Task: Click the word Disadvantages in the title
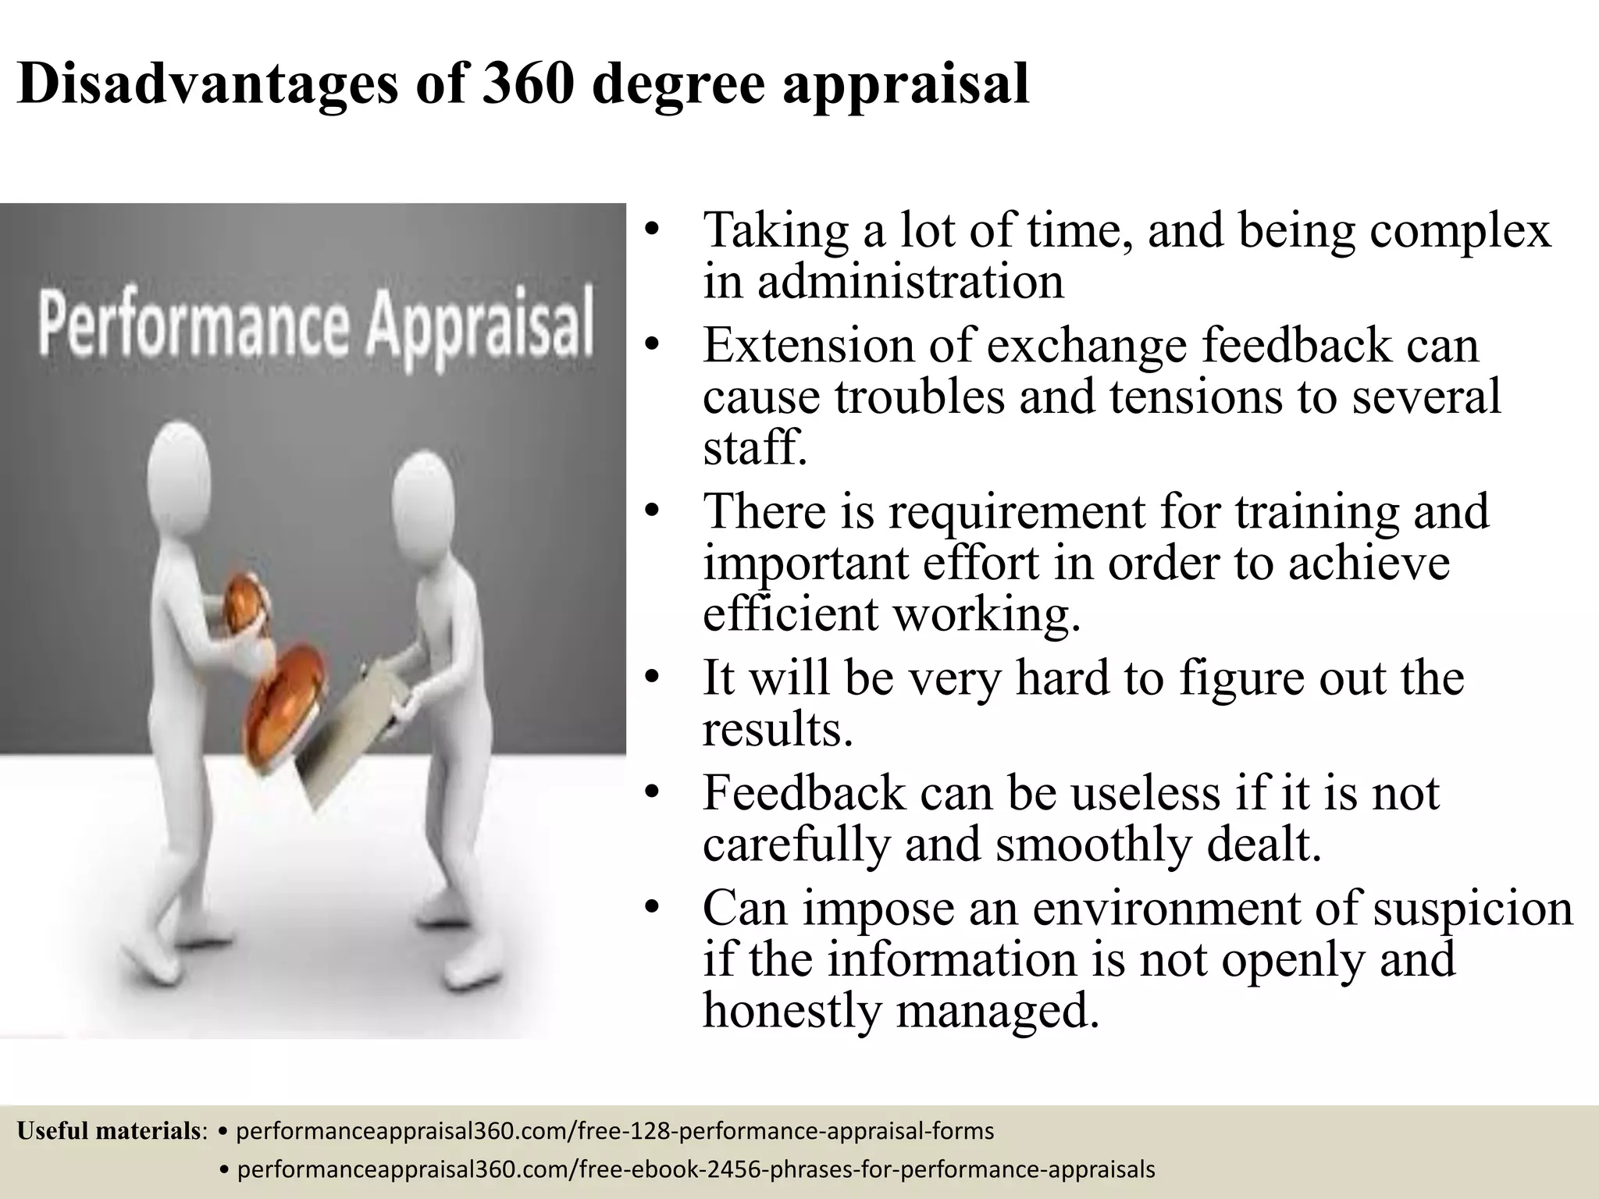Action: [x=207, y=84]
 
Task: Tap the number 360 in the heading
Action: [x=529, y=83]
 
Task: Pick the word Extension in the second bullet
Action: [x=808, y=345]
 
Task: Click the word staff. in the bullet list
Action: [x=753, y=448]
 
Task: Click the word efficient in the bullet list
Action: [x=792, y=614]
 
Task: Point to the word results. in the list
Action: [x=778, y=729]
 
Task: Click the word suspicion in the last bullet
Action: [x=1473, y=909]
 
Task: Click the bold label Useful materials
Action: [x=109, y=1130]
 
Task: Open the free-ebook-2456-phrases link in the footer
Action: [x=687, y=1169]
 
